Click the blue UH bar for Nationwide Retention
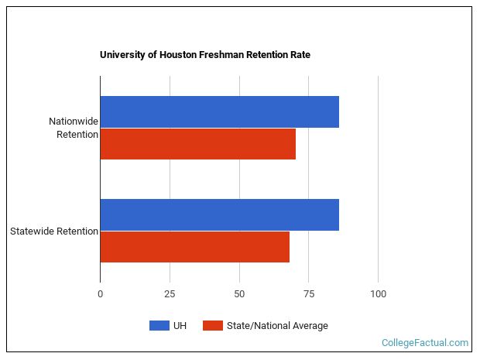pyautogui.click(x=219, y=111)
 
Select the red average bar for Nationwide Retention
pyautogui.click(x=197, y=144)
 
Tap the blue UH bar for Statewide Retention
pyautogui.click(x=219, y=214)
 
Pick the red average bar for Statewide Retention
pyautogui.click(x=194, y=247)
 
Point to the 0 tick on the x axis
pyautogui.click(x=100, y=294)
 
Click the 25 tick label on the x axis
pyautogui.click(x=170, y=294)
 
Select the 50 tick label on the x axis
pyautogui.click(x=239, y=294)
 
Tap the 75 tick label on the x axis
pyautogui.click(x=308, y=294)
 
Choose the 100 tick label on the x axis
pyautogui.click(x=378, y=294)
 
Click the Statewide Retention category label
pyautogui.click(x=53, y=231)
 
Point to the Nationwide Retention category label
pyautogui.click(x=74, y=128)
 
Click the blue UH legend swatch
pyautogui.click(x=159, y=326)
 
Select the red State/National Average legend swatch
pyautogui.click(x=213, y=326)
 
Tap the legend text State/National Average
pyautogui.click(x=277, y=326)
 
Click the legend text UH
pyautogui.click(x=180, y=326)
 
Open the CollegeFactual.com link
pyautogui.click(x=425, y=342)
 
